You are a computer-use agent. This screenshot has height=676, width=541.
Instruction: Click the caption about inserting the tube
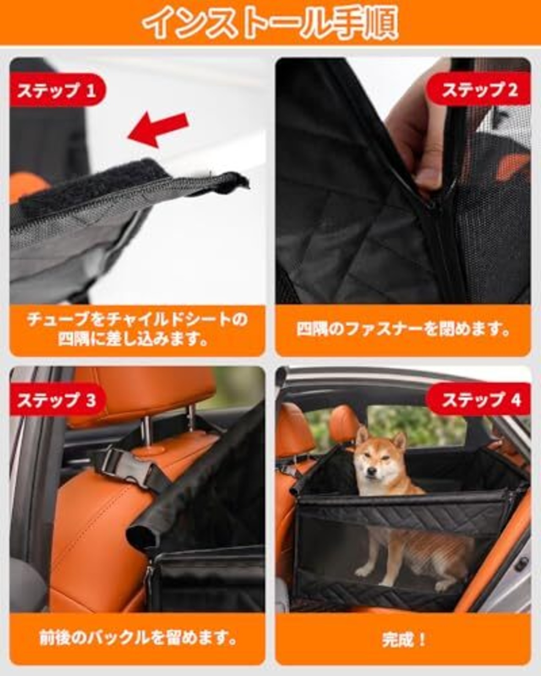(x=137, y=330)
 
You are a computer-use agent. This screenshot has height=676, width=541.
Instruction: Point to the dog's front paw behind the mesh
(x=365, y=570)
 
